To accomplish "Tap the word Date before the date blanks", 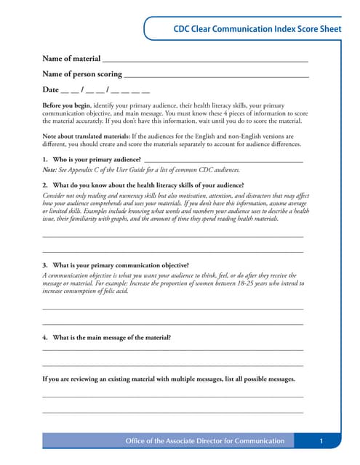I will point(50,90).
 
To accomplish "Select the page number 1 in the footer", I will point(321,441).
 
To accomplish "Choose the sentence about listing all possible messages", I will point(169,379).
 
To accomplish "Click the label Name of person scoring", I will point(82,74).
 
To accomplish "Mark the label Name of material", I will point(71,58).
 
